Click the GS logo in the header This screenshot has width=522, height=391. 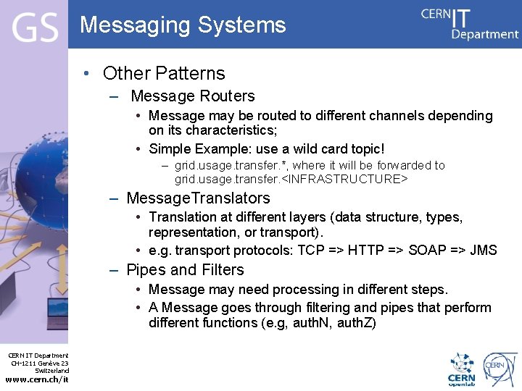34,29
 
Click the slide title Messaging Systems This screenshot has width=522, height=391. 183,25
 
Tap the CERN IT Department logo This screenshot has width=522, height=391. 470,24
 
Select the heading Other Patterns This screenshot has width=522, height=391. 164,73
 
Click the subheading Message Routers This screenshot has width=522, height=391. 193,96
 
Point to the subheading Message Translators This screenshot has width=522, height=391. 198,198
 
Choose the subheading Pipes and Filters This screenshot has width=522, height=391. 185,270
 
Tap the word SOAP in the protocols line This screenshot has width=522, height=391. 428,251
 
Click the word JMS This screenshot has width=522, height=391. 483,251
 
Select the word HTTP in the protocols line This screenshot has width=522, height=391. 366,251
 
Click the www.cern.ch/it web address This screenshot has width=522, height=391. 37,379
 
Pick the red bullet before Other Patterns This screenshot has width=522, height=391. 86,74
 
